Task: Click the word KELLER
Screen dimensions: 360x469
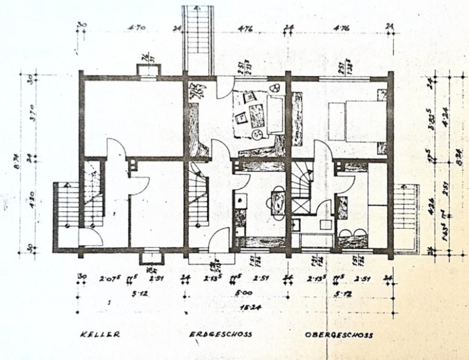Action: click(99, 335)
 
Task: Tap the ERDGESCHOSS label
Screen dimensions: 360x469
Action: click(220, 335)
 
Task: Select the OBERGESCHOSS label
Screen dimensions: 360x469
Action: click(338, 335)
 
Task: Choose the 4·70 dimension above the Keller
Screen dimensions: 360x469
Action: click(136, 29)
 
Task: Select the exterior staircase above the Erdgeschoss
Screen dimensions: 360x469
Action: click(197, 39)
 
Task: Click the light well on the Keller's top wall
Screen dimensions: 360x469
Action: click(148, 72)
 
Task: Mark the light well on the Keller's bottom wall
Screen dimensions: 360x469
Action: click(152, 257)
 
